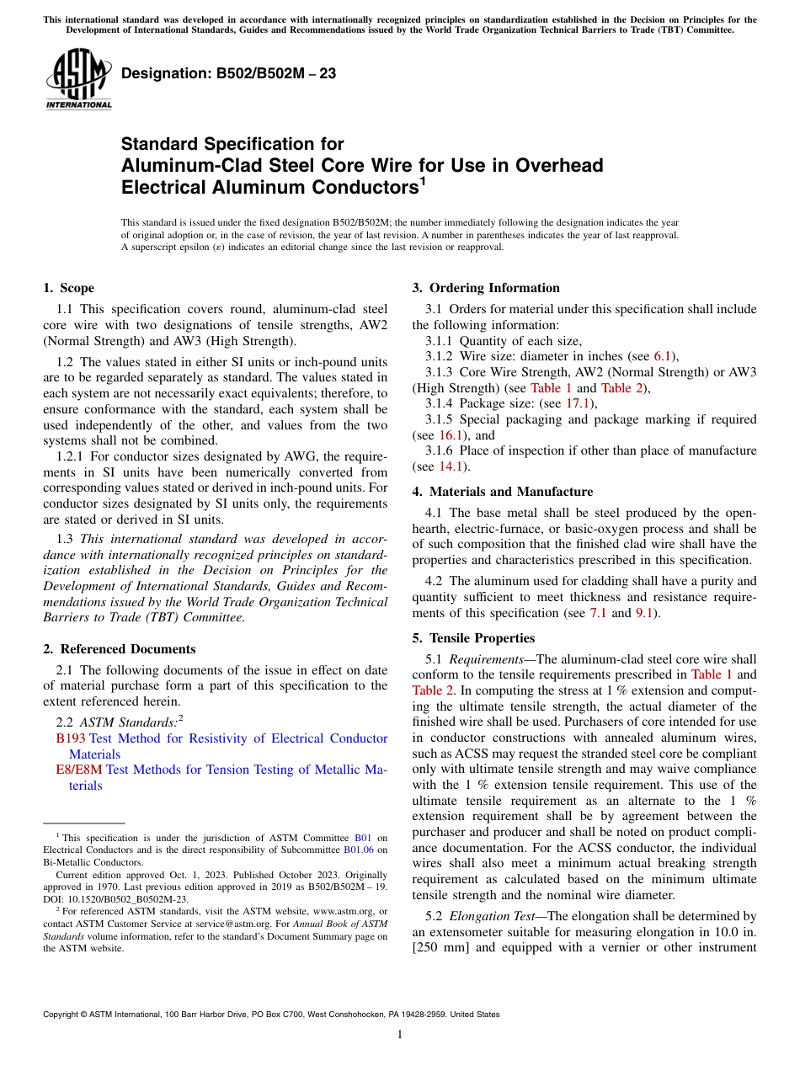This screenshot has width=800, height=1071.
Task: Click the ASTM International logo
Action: (78, 79)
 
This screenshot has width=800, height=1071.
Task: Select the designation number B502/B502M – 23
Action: (228, 73)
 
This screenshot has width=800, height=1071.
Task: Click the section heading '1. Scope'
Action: (69, 288)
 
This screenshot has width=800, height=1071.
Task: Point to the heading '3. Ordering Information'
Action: (486, 288)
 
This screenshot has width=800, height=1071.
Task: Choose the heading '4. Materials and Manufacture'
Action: (503, 492)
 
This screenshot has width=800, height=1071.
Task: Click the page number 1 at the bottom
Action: (400, 1035)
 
